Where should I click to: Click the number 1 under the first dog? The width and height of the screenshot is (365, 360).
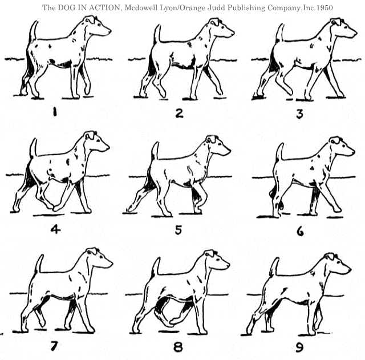point(55,112)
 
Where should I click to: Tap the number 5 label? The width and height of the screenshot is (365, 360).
point(179,230)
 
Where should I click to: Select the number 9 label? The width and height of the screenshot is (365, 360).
point(299,347)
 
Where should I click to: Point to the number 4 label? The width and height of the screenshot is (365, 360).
point(55,229)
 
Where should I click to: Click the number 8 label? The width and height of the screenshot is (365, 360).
point(178,347)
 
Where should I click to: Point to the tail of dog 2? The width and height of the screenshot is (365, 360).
point(157,34)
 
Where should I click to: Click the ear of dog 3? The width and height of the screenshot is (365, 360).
point(336,22)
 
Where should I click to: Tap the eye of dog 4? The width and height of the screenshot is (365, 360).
point(98,140)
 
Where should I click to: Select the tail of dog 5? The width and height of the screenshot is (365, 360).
point(155,151)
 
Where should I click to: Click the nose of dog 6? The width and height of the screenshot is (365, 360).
point(353,152)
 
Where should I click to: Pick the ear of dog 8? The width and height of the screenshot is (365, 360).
point(210,253)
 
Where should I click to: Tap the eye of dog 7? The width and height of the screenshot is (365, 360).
point(102,257)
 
